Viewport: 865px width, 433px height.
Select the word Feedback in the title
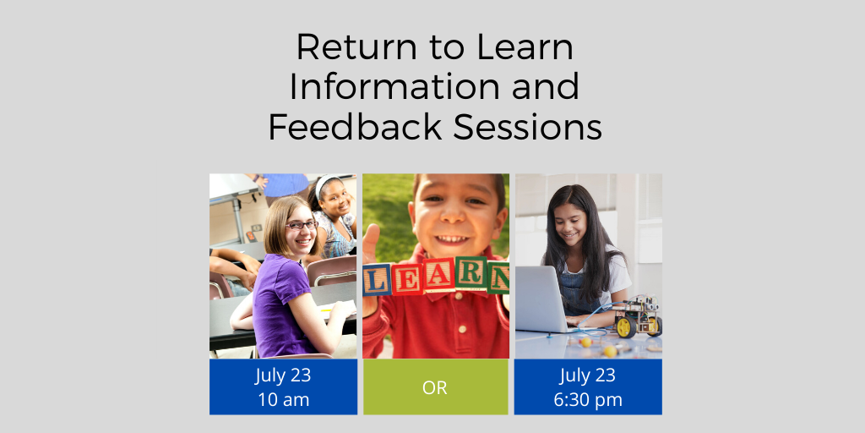pyautogui.click(x=355, y=128)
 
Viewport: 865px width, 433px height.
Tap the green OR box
pyautogui.click(x=435, y=387)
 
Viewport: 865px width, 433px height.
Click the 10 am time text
pyautogui.click(x=283, y=399)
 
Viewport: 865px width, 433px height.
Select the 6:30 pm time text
pyautogui.click(x=588, y=399)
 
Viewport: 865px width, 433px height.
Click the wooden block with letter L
pyautogui.click(x=376, y=279)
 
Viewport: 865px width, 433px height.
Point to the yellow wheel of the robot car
pyautogui.click(x=625, y=326)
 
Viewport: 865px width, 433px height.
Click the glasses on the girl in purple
pyautogui.click(x=300, y=225)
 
